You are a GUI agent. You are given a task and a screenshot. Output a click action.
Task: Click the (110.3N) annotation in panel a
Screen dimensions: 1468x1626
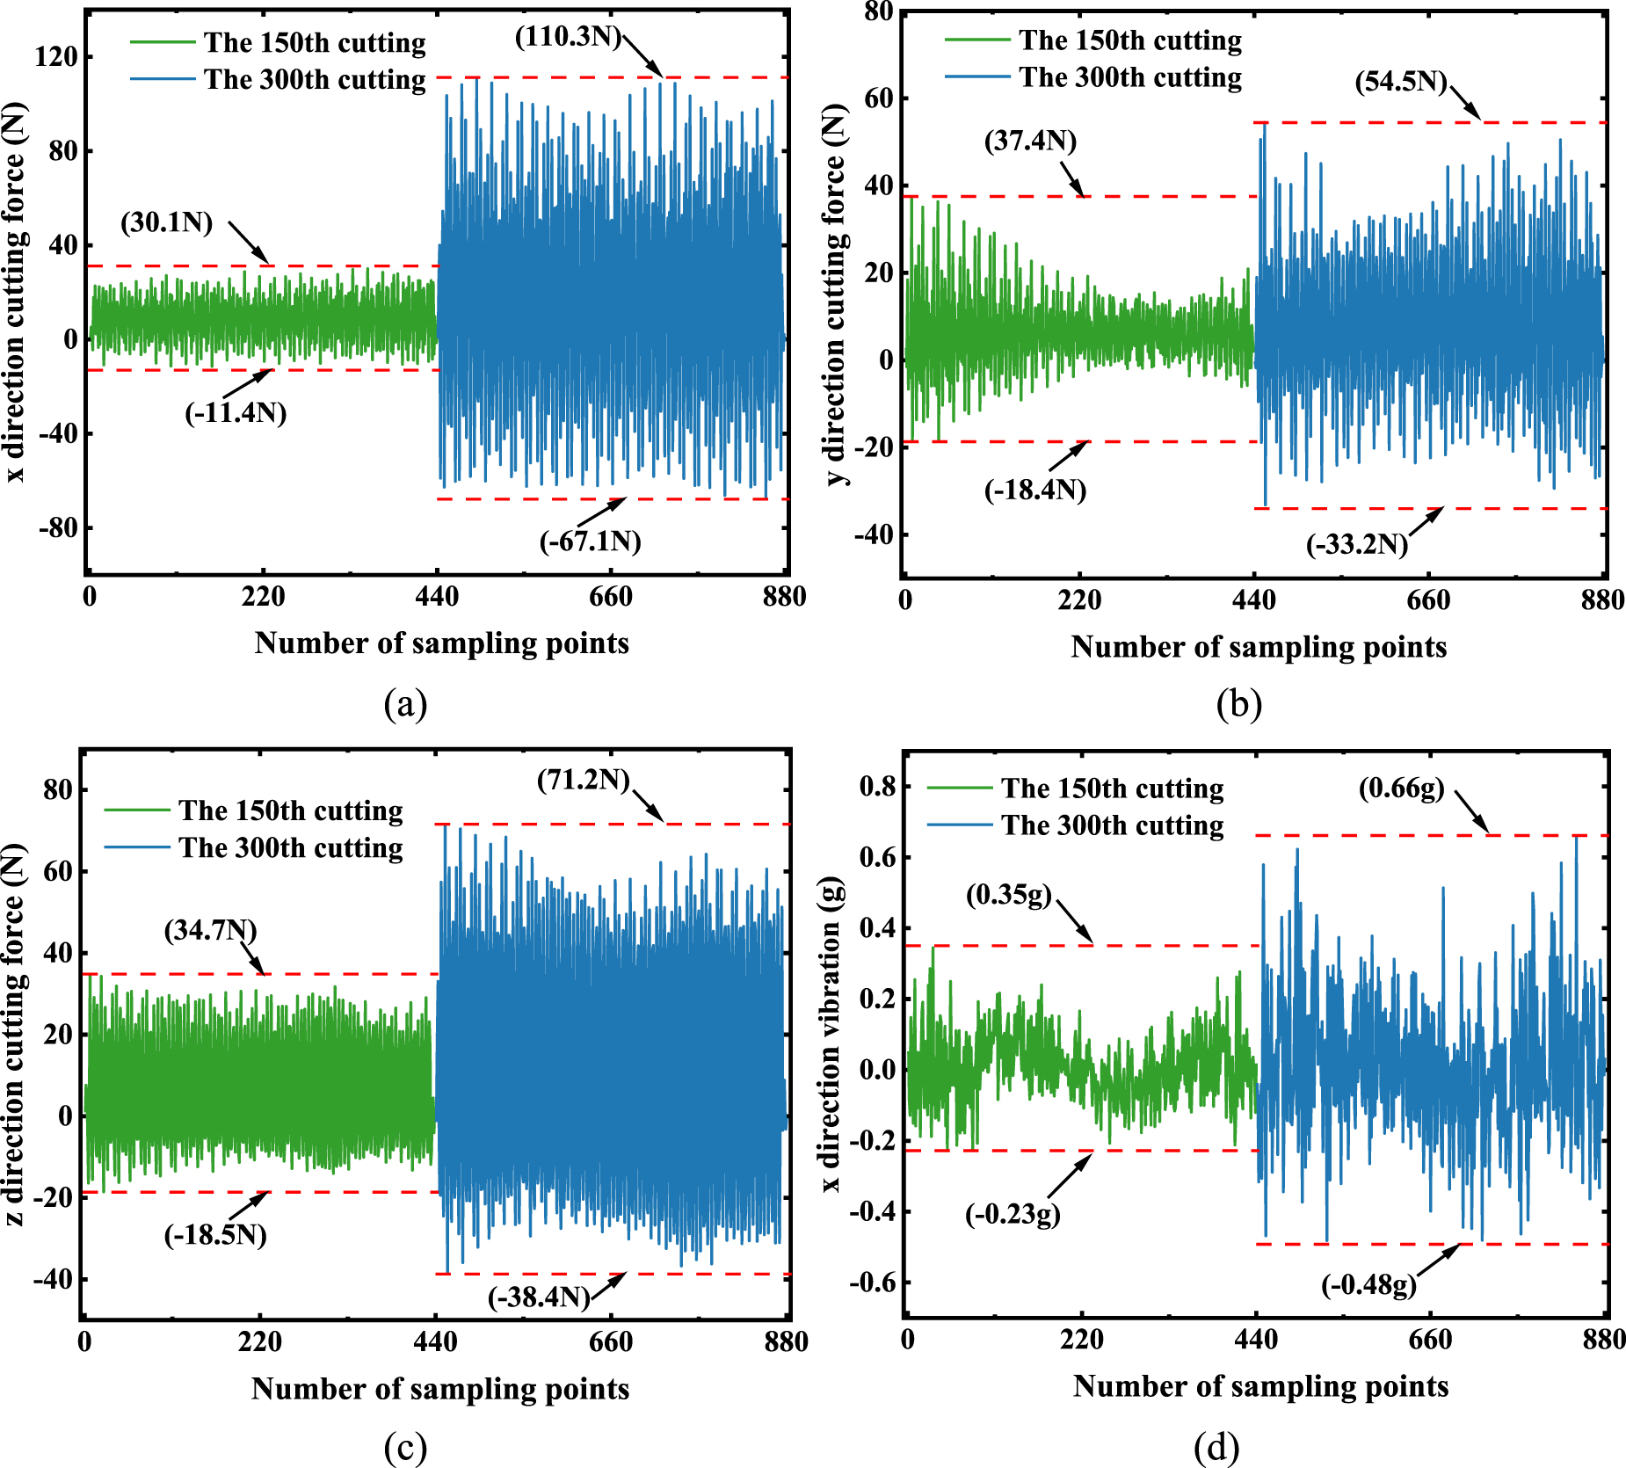tap(568, 37)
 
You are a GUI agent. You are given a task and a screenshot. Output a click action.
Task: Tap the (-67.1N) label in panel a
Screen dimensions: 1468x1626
tap(590, 541)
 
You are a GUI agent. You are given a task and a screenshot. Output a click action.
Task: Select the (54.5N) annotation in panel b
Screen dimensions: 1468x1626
tap(1401, 83)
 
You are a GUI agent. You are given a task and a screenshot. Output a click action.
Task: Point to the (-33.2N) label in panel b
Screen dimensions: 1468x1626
tap(1357, 545)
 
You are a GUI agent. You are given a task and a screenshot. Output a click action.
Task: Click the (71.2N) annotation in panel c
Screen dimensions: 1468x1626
tap(584, 780)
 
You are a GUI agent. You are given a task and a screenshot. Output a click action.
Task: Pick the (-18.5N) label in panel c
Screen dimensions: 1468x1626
tap(215, 1235)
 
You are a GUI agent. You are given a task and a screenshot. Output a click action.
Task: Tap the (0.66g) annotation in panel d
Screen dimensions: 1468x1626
tap(1402, 789)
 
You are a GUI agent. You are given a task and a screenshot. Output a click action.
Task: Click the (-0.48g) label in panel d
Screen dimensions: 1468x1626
tap(1369, 1285)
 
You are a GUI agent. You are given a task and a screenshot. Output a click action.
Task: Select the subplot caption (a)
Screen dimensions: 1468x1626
tap(405, 704)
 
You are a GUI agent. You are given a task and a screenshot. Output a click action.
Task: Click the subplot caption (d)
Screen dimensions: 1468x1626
tap(1216, 1446)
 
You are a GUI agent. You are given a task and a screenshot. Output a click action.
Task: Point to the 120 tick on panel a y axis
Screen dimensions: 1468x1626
tap(56, 57)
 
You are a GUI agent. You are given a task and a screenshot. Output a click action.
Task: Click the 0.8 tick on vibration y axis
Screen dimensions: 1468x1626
tap(877, 786)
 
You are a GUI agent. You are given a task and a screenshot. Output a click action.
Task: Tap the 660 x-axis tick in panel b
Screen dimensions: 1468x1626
tap(1428, 600)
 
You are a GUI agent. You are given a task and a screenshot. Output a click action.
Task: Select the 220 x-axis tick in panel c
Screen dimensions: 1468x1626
tap(260, 1342)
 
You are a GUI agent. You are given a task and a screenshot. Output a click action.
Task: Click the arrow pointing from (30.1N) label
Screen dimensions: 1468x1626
tap(250, 243)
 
